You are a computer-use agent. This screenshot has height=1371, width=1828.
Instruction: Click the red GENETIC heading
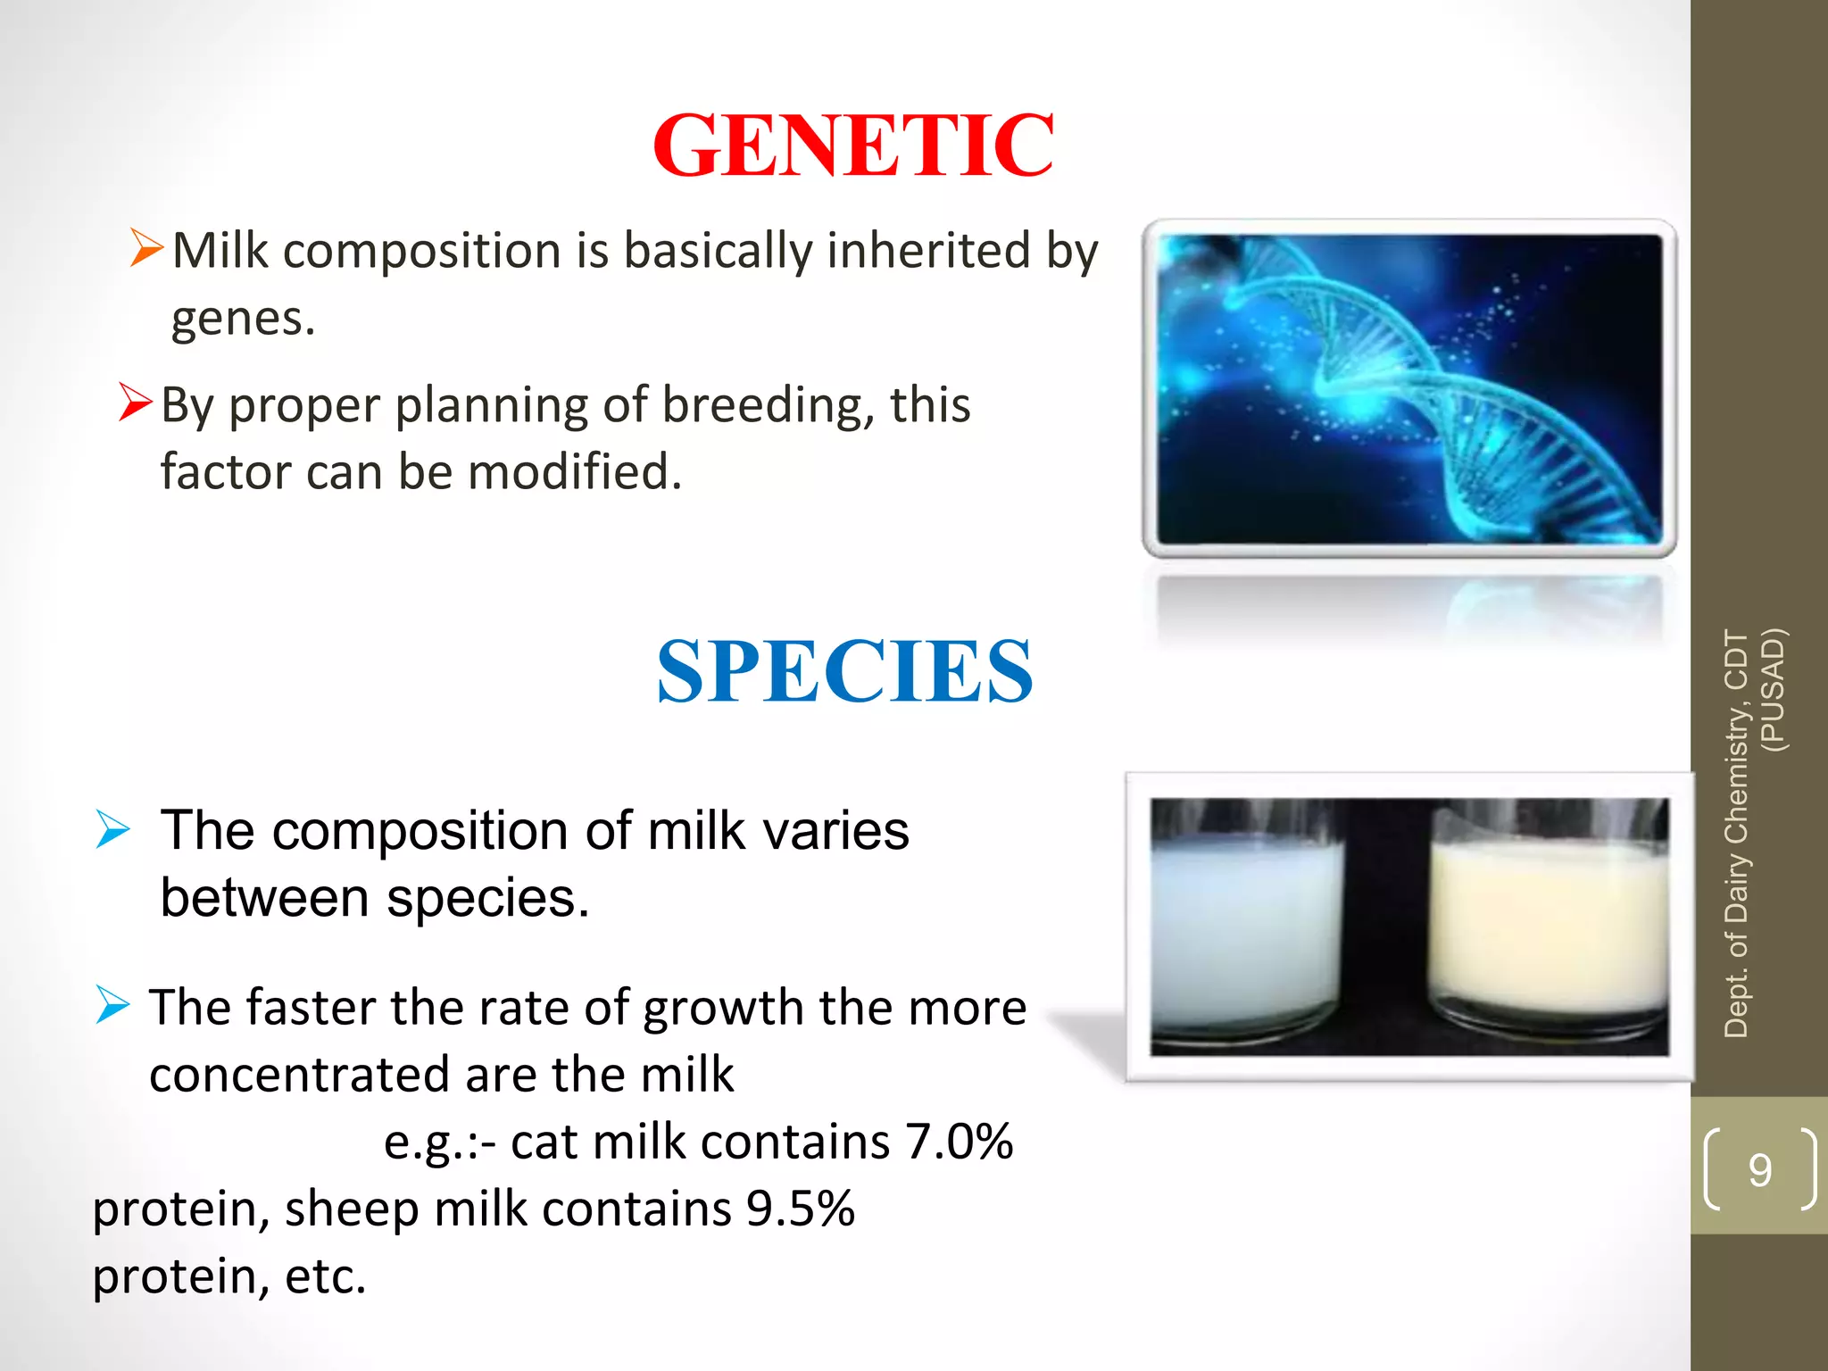853,146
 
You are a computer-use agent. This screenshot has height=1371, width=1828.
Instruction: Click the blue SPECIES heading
844,671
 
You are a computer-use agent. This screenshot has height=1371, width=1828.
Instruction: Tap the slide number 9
1759,1169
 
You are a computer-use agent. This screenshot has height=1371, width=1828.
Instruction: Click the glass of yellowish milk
1549,928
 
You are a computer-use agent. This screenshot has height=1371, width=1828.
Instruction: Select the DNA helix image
1408,388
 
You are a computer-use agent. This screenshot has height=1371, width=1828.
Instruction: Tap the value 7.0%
959,1142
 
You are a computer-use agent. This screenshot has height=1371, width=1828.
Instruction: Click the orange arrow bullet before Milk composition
146,247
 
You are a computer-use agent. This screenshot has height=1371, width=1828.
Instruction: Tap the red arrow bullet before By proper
135,402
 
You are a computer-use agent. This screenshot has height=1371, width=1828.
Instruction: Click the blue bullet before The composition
113,829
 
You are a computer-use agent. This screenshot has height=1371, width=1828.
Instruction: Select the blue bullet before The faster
113,1006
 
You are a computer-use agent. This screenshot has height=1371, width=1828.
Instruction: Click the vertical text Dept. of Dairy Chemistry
1736,830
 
